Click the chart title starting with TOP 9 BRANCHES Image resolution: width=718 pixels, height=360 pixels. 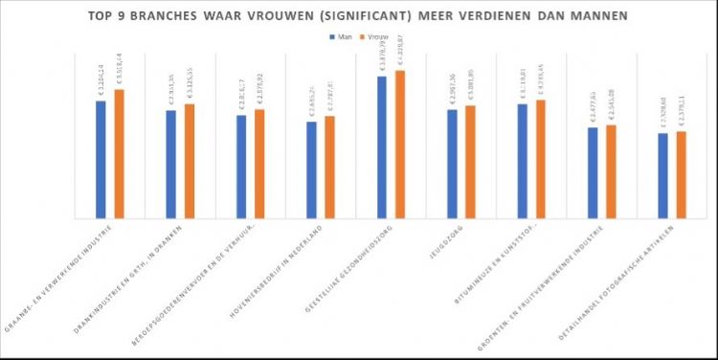click(359, 15)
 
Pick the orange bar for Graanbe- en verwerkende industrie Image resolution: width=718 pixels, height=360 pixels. click(120, 154)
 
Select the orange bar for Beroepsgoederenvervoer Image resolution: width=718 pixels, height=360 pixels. click(259, 164)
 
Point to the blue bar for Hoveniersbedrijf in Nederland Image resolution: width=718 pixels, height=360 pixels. click(311, 170)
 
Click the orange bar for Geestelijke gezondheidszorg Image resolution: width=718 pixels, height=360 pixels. click(399, 145)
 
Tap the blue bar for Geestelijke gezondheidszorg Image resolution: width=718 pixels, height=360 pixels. click(381, 147)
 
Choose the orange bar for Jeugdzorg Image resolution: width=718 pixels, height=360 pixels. click(470, 162)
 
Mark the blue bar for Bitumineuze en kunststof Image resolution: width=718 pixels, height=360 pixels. click(522, 161)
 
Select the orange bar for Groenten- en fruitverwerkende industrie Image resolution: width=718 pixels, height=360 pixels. click(611, 171)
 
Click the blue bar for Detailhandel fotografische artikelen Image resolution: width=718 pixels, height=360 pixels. click(662, 176)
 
